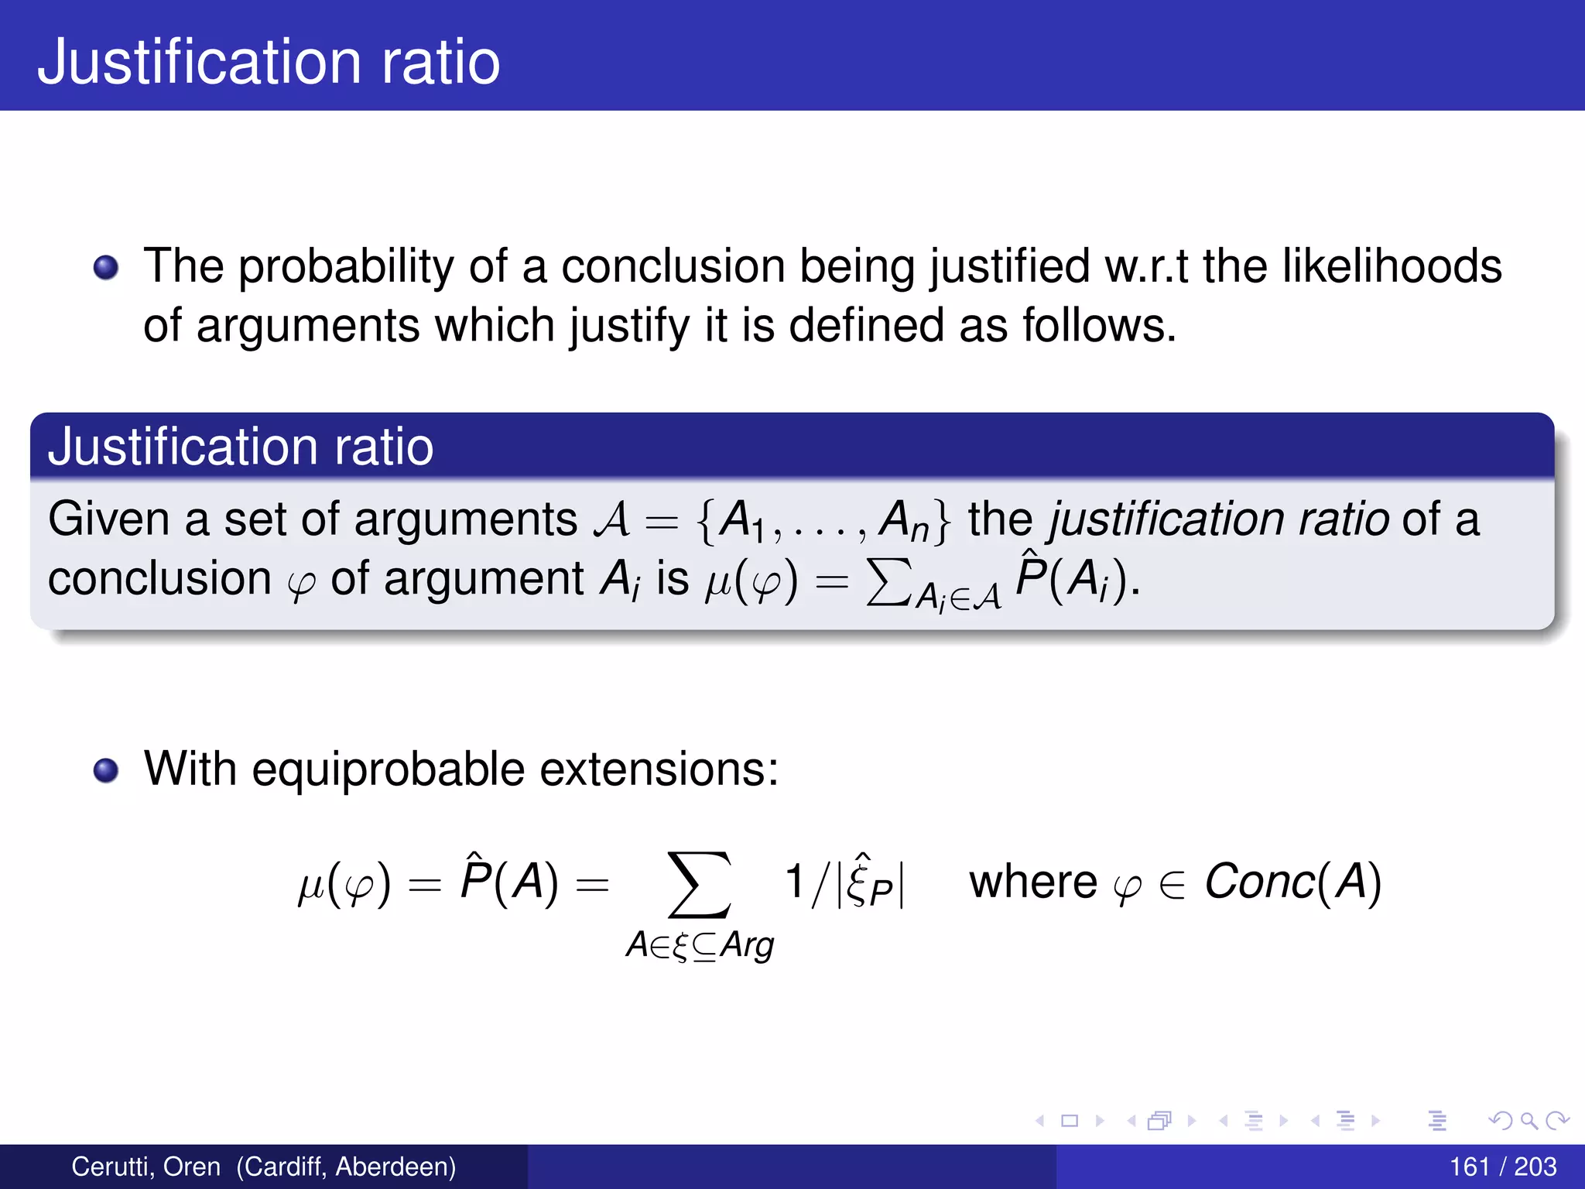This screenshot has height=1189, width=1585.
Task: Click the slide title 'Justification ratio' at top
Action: tap(269, 62)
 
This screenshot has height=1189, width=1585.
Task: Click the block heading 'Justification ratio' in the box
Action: tap(240, 447)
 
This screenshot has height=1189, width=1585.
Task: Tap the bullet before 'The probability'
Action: tap(106, 269)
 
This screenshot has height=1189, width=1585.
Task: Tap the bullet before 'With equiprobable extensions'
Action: tap(106, 771)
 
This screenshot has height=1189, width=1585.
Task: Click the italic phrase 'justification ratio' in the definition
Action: tap(1218, 519)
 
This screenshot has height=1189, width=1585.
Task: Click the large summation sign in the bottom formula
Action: tap(699, 884)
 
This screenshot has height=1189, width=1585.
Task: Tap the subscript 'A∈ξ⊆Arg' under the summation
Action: tap(700, 945)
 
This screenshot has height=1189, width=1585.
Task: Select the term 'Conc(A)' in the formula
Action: tap(1292, 882)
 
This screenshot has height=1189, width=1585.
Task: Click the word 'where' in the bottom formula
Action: tap(1032, 882)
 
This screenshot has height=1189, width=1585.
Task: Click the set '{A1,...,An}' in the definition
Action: tap(822, 520)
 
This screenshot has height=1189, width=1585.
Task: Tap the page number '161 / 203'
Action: tap(1502, 1167)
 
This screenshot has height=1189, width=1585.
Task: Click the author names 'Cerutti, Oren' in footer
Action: tap(145, 1167)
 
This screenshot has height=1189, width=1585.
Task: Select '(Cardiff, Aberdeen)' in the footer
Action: tap(346, 1167)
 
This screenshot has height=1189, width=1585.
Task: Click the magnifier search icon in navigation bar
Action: tap(1529, 1120)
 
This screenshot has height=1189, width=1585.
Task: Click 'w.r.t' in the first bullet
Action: tap(1145, 266)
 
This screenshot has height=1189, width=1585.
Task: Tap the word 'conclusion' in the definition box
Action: tap(159, 579)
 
